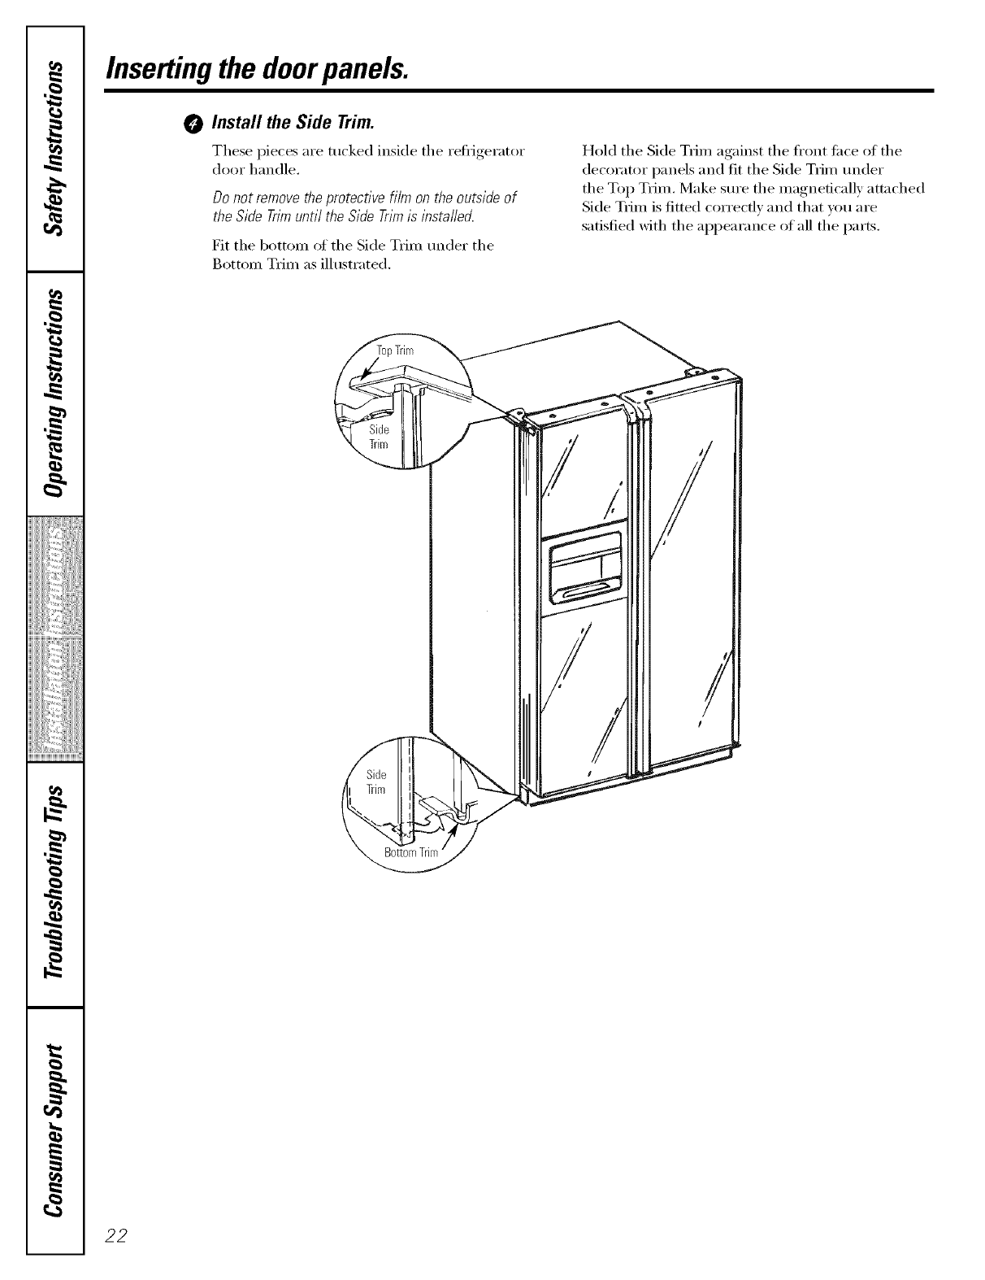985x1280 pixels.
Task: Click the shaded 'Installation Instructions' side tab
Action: (55, 638)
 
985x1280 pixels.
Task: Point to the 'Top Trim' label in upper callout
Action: (395, 351)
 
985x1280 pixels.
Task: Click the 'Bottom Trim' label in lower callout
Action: (410, 853)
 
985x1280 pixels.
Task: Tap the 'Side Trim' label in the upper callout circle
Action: (380, 437)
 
